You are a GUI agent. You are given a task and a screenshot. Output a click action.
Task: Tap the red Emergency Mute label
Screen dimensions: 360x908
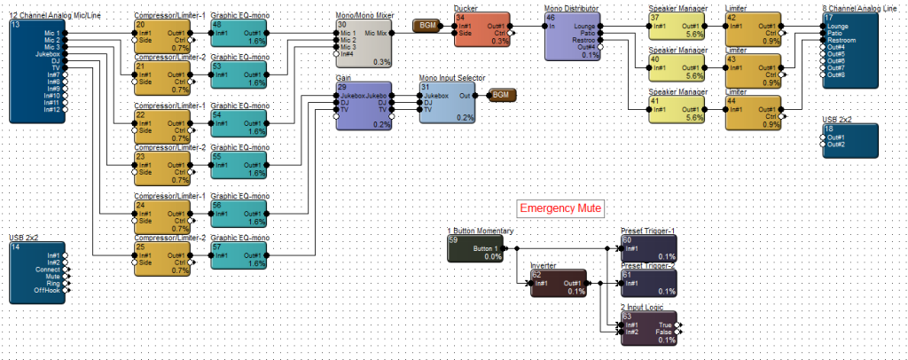560,209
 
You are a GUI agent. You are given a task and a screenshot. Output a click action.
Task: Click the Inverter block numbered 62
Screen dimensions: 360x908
558,283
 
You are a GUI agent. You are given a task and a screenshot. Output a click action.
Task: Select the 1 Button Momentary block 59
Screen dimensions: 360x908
479,249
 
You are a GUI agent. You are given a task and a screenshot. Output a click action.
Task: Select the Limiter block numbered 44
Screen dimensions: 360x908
754,113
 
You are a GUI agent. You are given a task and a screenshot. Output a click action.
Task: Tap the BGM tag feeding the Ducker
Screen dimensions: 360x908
427,26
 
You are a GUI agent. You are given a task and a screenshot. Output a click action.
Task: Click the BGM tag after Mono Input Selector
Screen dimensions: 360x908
500,94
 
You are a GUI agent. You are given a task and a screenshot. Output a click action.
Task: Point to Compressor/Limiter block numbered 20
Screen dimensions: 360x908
161,33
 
